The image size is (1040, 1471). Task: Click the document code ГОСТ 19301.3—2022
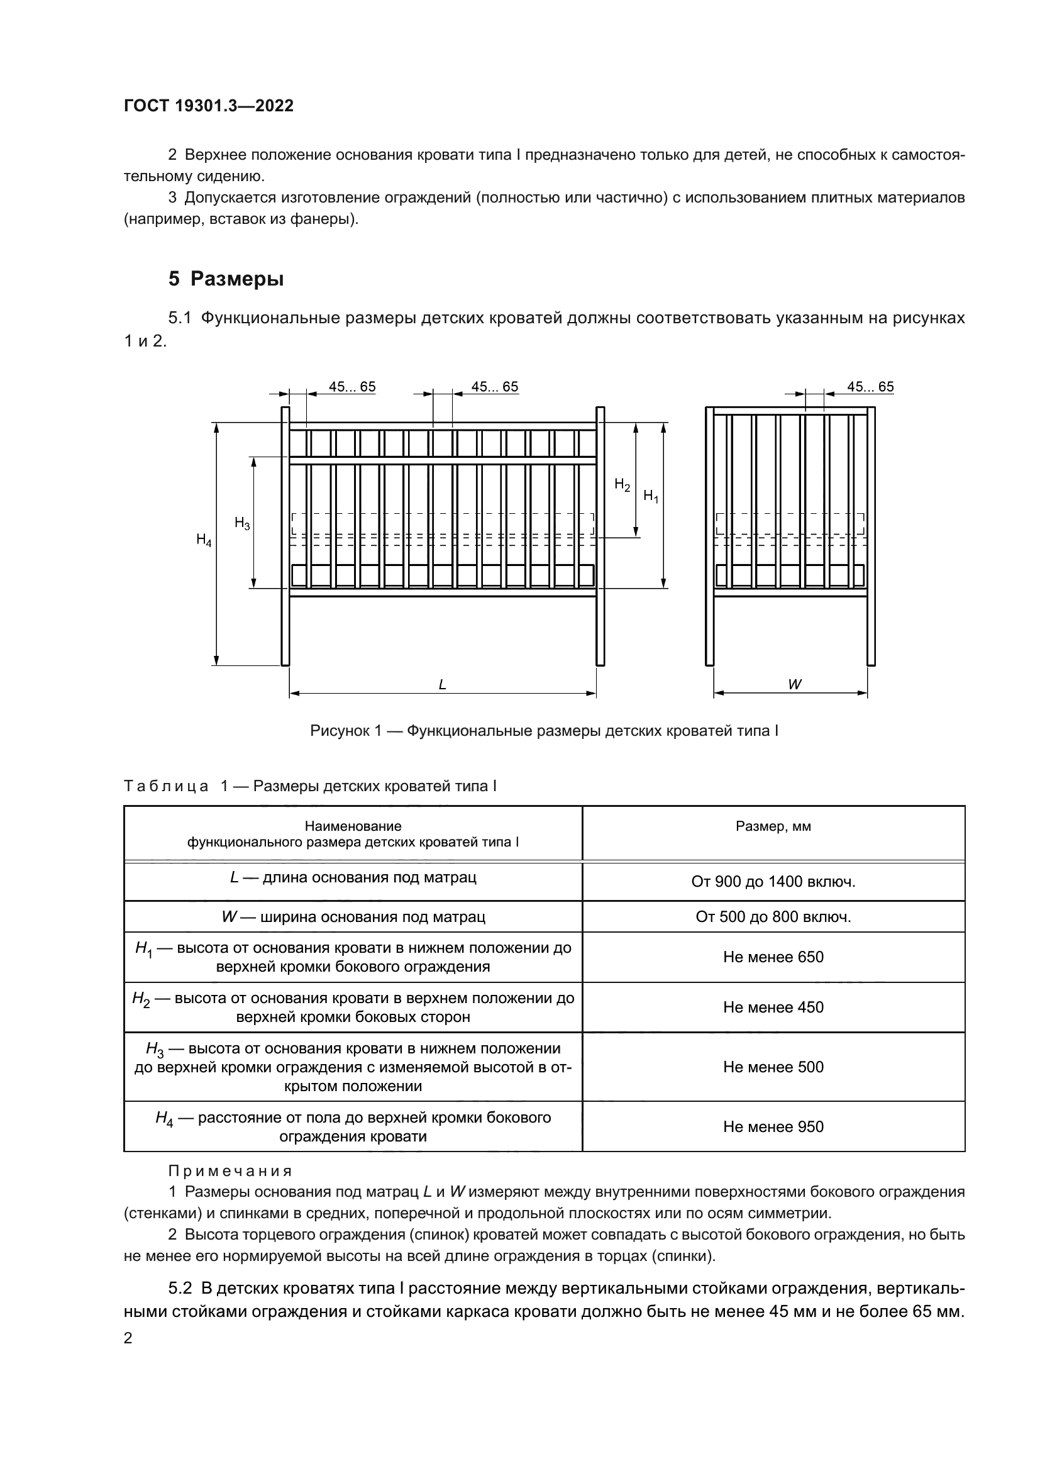pyautogui.click(x=209, y=106)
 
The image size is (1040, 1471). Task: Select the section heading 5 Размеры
pyautogui.click(x=226, y=279)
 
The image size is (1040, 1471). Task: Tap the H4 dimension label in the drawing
pyautogui.click(x=204, y=540)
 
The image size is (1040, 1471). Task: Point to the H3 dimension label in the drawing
pyautogui.click(x=242, y=523)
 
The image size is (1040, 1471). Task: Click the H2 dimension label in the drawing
pyautogui.click(x=622, y=485)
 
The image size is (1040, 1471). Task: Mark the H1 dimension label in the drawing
pyautogui.click(x=651, y=496)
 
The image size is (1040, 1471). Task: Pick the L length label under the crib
pyautogui.click(x=443, y=685)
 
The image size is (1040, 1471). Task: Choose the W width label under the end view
pyautogui.click(x=795, y=684)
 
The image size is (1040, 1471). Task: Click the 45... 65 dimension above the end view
pyautogui.click(x=870, y=387)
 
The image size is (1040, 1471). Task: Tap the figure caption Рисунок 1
pyautogui.click(x=544, y=731)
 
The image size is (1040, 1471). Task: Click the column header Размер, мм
pyautogui.click(x=773, y=826)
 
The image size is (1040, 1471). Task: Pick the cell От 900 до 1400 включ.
pyautogui.click(x=773, y=882)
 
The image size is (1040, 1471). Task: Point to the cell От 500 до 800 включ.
pyautogui.click(x=773, y=917)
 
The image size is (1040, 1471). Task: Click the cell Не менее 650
pyautogui.click(x=773, y=957)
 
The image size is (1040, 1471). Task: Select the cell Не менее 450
pyautogui.click(x=773, y=1007)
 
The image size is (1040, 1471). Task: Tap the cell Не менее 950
pyautogui.click(x=773, y=1127)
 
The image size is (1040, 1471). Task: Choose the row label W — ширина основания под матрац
pyautogui.click(x=353, y=917)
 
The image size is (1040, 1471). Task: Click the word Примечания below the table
pyautogui.click(x=230, y=1171)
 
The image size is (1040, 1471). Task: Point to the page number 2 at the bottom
pyautogui.click(x=128, y=1338)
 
